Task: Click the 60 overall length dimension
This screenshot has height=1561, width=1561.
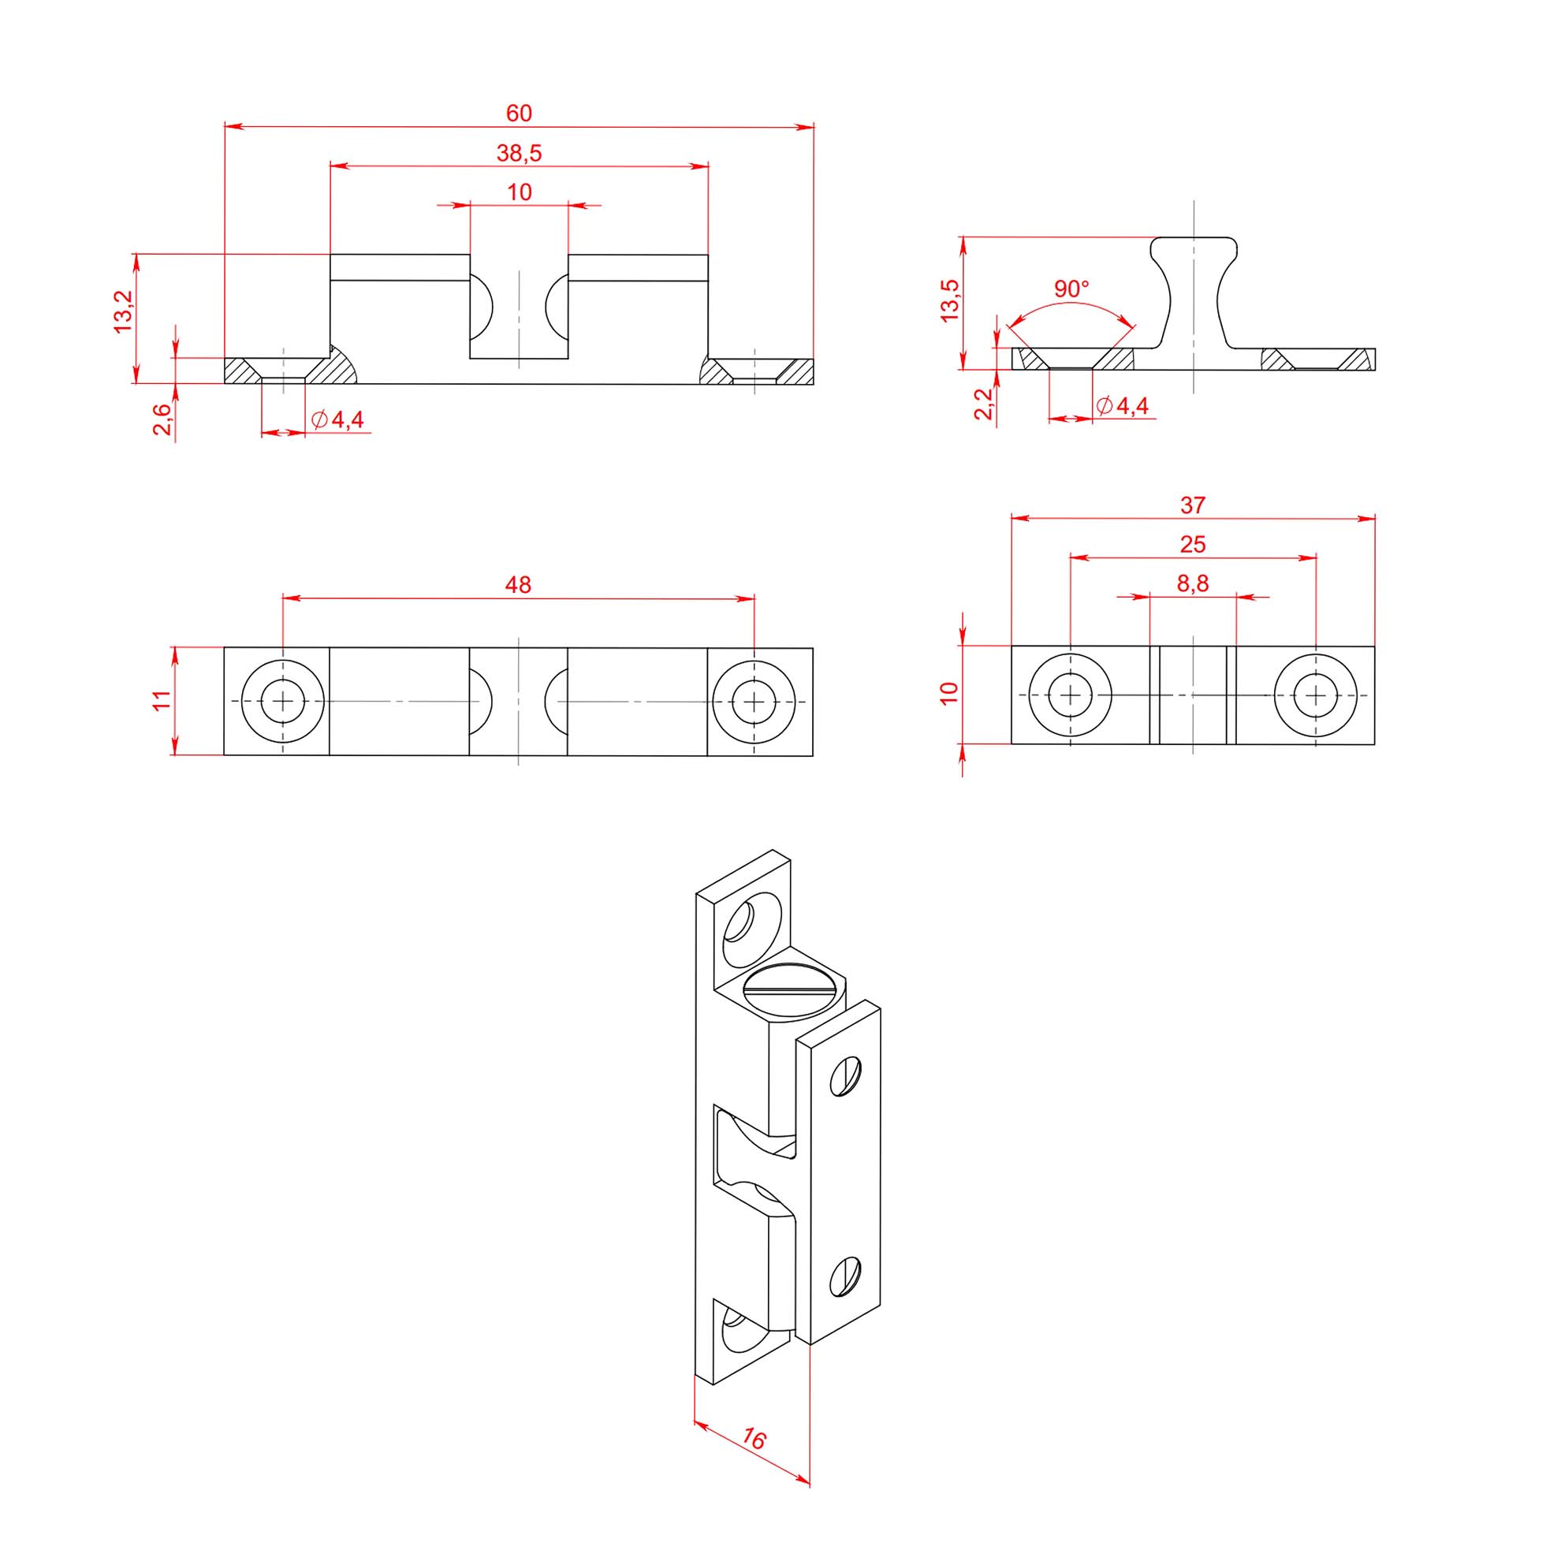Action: pos(519,113)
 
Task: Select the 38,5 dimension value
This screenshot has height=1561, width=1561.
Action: pos(519,153)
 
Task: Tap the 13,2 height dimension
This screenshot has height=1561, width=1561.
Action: pos(123,312)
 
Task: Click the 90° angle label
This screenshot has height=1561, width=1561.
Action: pos(1071,289)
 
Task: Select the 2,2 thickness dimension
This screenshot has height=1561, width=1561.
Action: pos(982,404)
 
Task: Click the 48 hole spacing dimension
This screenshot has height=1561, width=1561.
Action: pos(518,584)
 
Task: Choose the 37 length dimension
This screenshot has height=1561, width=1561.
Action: pos(1193,505)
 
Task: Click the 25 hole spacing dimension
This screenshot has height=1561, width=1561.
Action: pos(1193,545)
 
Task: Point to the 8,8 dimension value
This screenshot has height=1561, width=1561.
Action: pos(1193,583)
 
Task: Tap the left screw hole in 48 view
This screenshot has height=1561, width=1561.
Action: pos(283,702)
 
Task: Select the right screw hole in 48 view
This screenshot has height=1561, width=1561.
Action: pos(754,702)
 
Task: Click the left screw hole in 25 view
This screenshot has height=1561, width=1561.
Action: pos(1071,695)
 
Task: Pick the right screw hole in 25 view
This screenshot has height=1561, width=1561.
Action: pos(1316,695)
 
